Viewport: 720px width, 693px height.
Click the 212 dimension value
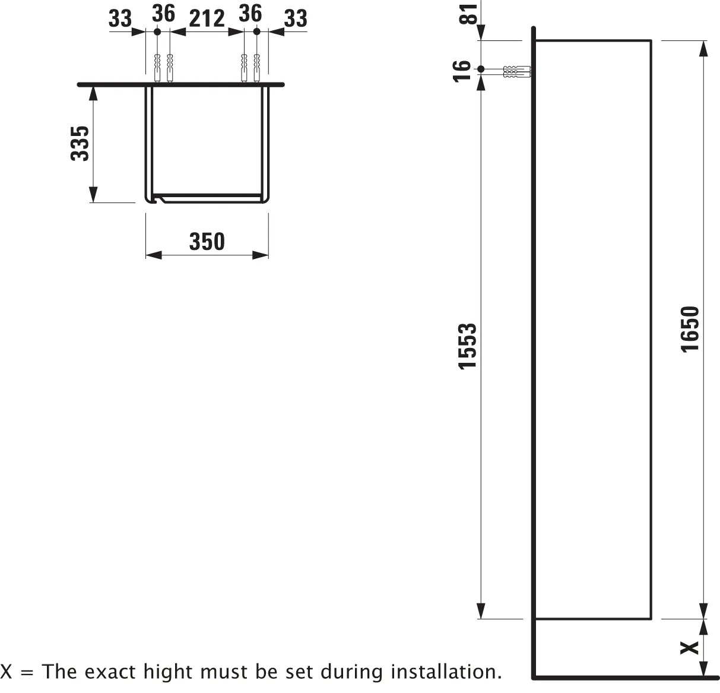[x=207, y=18]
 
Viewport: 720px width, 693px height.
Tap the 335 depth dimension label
[x=80, y=144]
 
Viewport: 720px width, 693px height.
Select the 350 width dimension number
[x=207, y=242]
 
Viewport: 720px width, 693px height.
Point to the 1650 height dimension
[x=690, y=329]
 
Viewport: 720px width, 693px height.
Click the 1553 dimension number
[x=467, y=347]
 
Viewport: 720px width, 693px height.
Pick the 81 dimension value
[x=468, y=14]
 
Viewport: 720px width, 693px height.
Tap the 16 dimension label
[x=462, y=71]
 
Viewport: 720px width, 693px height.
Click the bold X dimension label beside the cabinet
[x=690, y=648]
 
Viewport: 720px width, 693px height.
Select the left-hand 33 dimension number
[x=120, y=18]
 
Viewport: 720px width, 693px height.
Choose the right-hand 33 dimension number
[x=296, y=18]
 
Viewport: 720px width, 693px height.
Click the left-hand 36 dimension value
[x=164, y=14]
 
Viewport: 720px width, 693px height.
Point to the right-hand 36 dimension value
[x=250, y=14]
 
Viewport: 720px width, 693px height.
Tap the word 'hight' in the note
[x=167, y=673]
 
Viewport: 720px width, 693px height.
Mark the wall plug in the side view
[x=517, y=72]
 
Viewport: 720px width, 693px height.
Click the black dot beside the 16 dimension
[x=481, y=69]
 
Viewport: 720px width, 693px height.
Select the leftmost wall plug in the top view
[x=157, y=68]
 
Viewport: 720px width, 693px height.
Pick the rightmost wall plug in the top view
[x=257, y=68]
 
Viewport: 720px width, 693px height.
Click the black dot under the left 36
[x=157, y=32]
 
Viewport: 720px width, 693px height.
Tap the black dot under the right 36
[x=257, y=32]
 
